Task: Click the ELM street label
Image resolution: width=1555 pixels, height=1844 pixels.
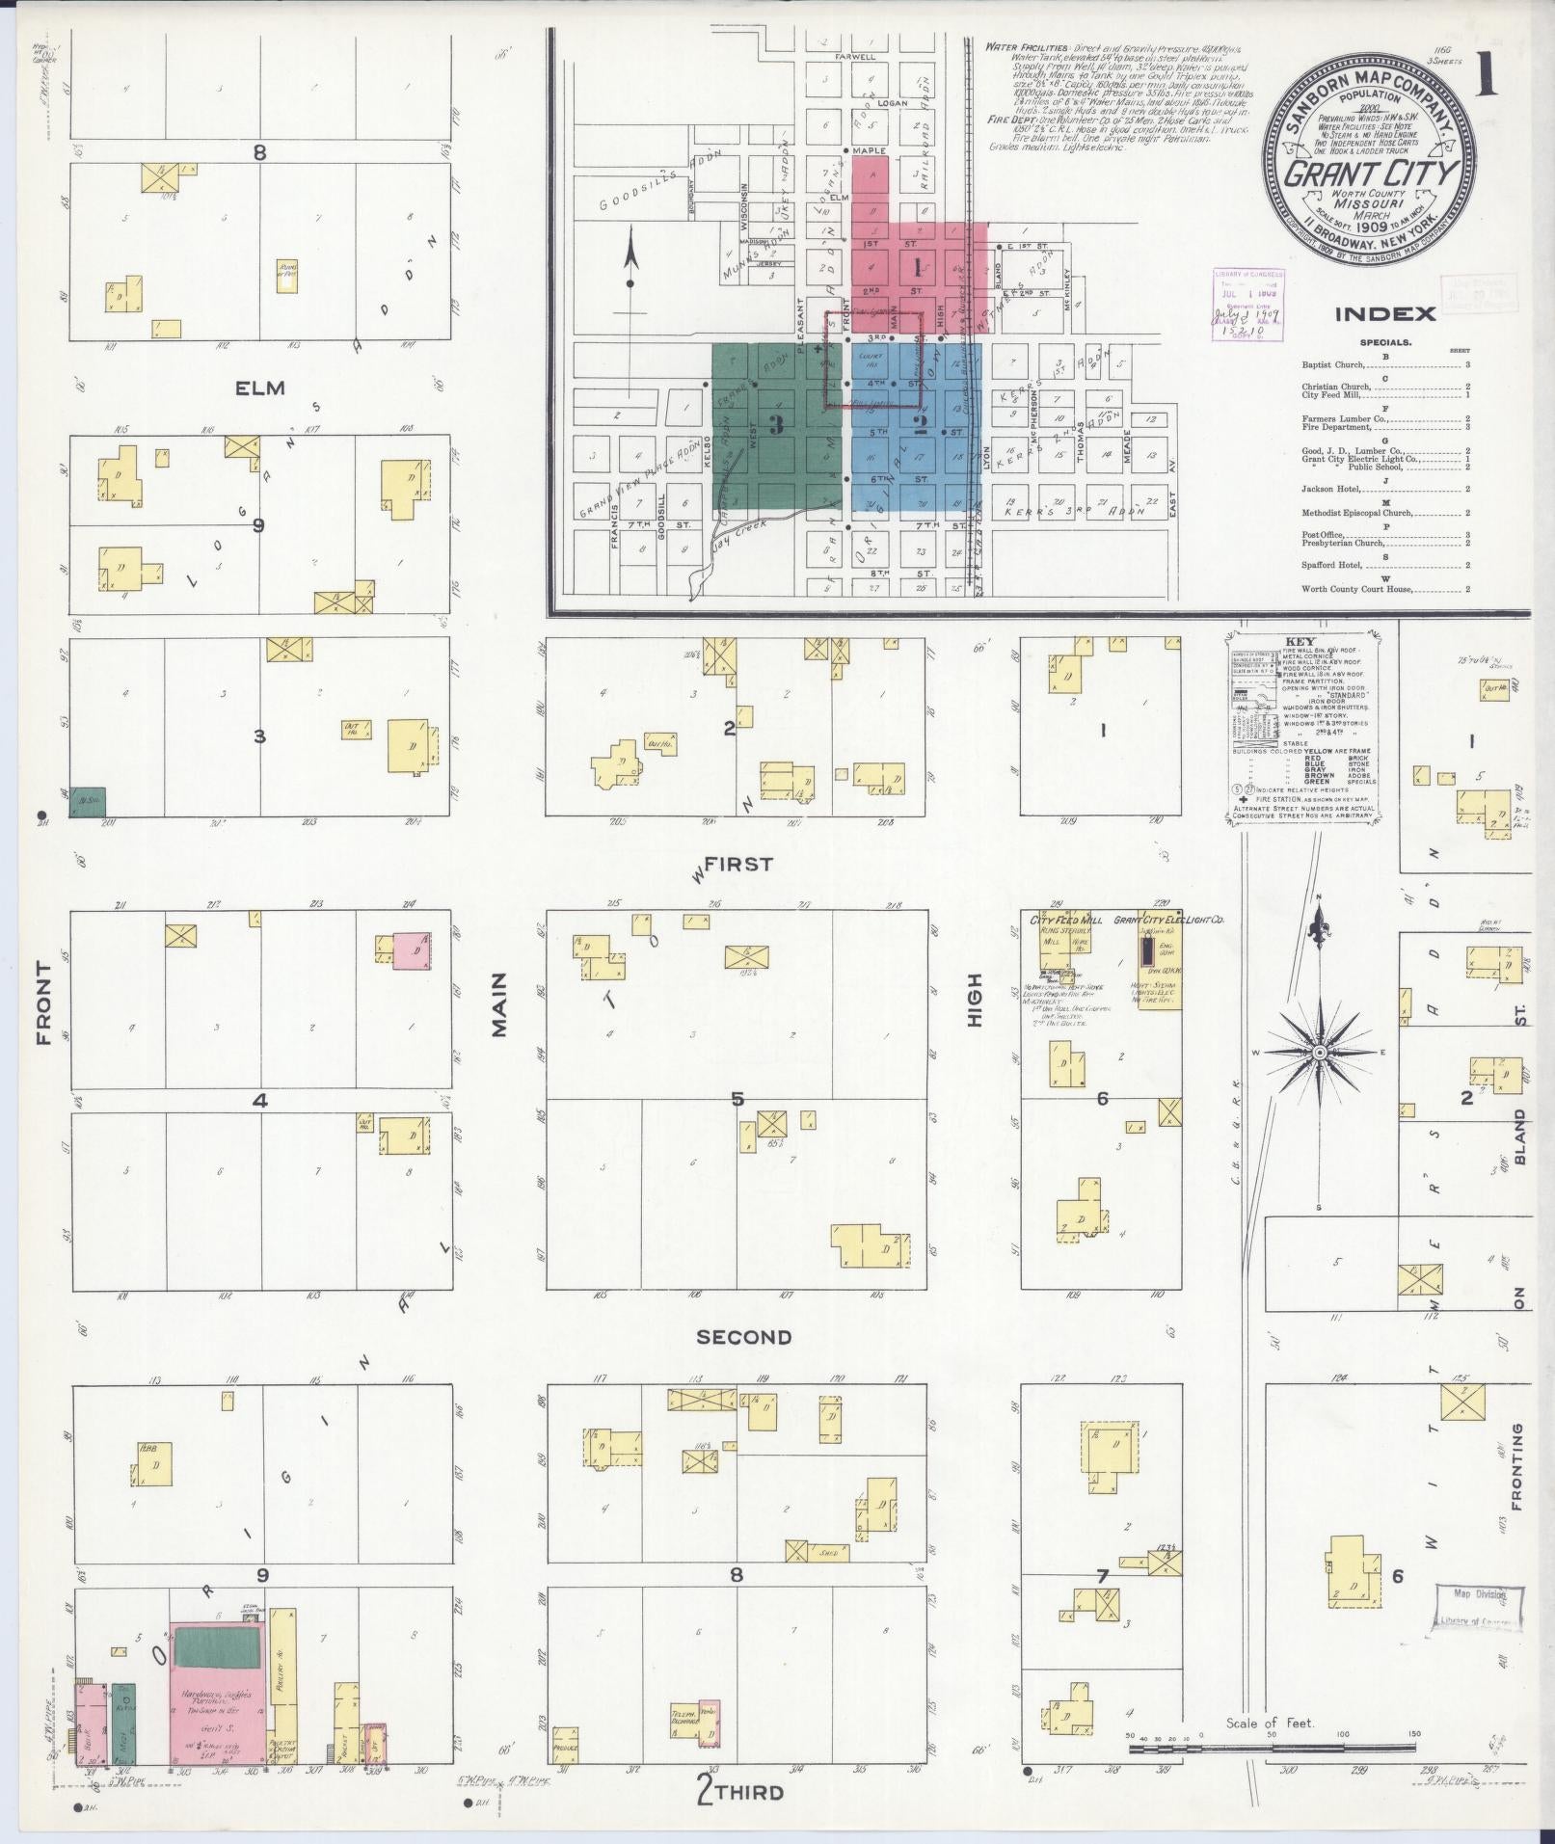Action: tap(261, 388)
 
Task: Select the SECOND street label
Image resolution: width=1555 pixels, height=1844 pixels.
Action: tap(743, 1337)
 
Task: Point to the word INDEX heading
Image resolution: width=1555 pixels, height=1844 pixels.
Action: tap(1385, 313)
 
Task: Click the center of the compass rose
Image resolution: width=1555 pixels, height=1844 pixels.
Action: tap(1318, 1052)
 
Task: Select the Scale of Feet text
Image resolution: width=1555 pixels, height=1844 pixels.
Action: tap(1270, 1724)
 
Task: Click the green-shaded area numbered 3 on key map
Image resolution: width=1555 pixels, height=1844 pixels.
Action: tap(776, 426)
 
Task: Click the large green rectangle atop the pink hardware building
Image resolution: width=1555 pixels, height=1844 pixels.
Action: tap(219, 1646)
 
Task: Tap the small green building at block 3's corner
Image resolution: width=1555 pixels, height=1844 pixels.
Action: tap(88, 802)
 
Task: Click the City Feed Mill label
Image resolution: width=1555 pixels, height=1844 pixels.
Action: tap(1067, 920)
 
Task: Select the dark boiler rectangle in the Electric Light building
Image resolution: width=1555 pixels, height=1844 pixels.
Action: tap(1146, 951)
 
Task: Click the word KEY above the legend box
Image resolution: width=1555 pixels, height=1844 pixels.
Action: tap(1305, 641)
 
